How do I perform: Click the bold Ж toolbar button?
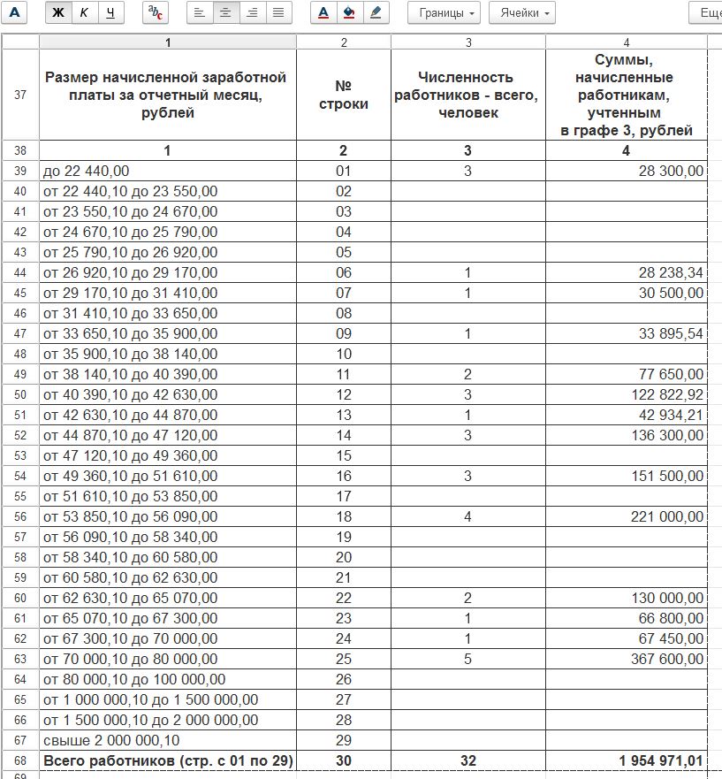click(x=58, y=13)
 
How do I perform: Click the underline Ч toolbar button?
click(x=110, y=13)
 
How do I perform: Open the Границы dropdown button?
click(x=444, y=13)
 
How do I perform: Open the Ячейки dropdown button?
click(x=521, y=13)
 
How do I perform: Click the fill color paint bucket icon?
click(x=350, y=13)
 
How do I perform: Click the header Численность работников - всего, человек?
click(x=467, y=95)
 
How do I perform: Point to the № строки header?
click(x=344, y=95)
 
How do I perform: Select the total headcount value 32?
click(x=467, y=760)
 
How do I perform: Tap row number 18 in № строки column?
click(x=344, y=516)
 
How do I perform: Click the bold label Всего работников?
click(x=168, y=760)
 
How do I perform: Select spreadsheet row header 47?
click(x=20, y=333)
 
